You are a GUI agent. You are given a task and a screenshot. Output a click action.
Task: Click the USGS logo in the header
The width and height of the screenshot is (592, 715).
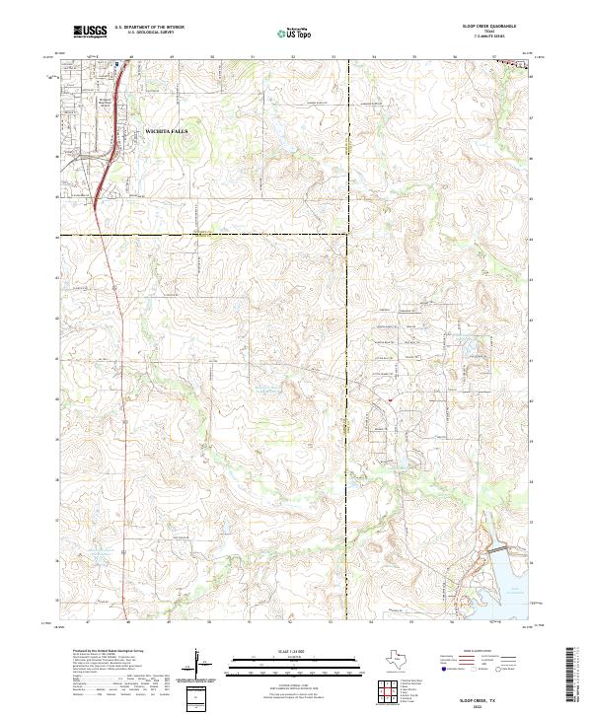(90, 32)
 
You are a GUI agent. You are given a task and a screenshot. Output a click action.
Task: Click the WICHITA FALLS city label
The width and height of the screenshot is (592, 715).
(166, 130)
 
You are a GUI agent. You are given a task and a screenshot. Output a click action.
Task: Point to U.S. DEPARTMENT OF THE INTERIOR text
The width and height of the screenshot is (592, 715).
(149, 28)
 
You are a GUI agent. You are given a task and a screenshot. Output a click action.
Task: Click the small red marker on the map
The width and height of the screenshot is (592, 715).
(390, 399)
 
